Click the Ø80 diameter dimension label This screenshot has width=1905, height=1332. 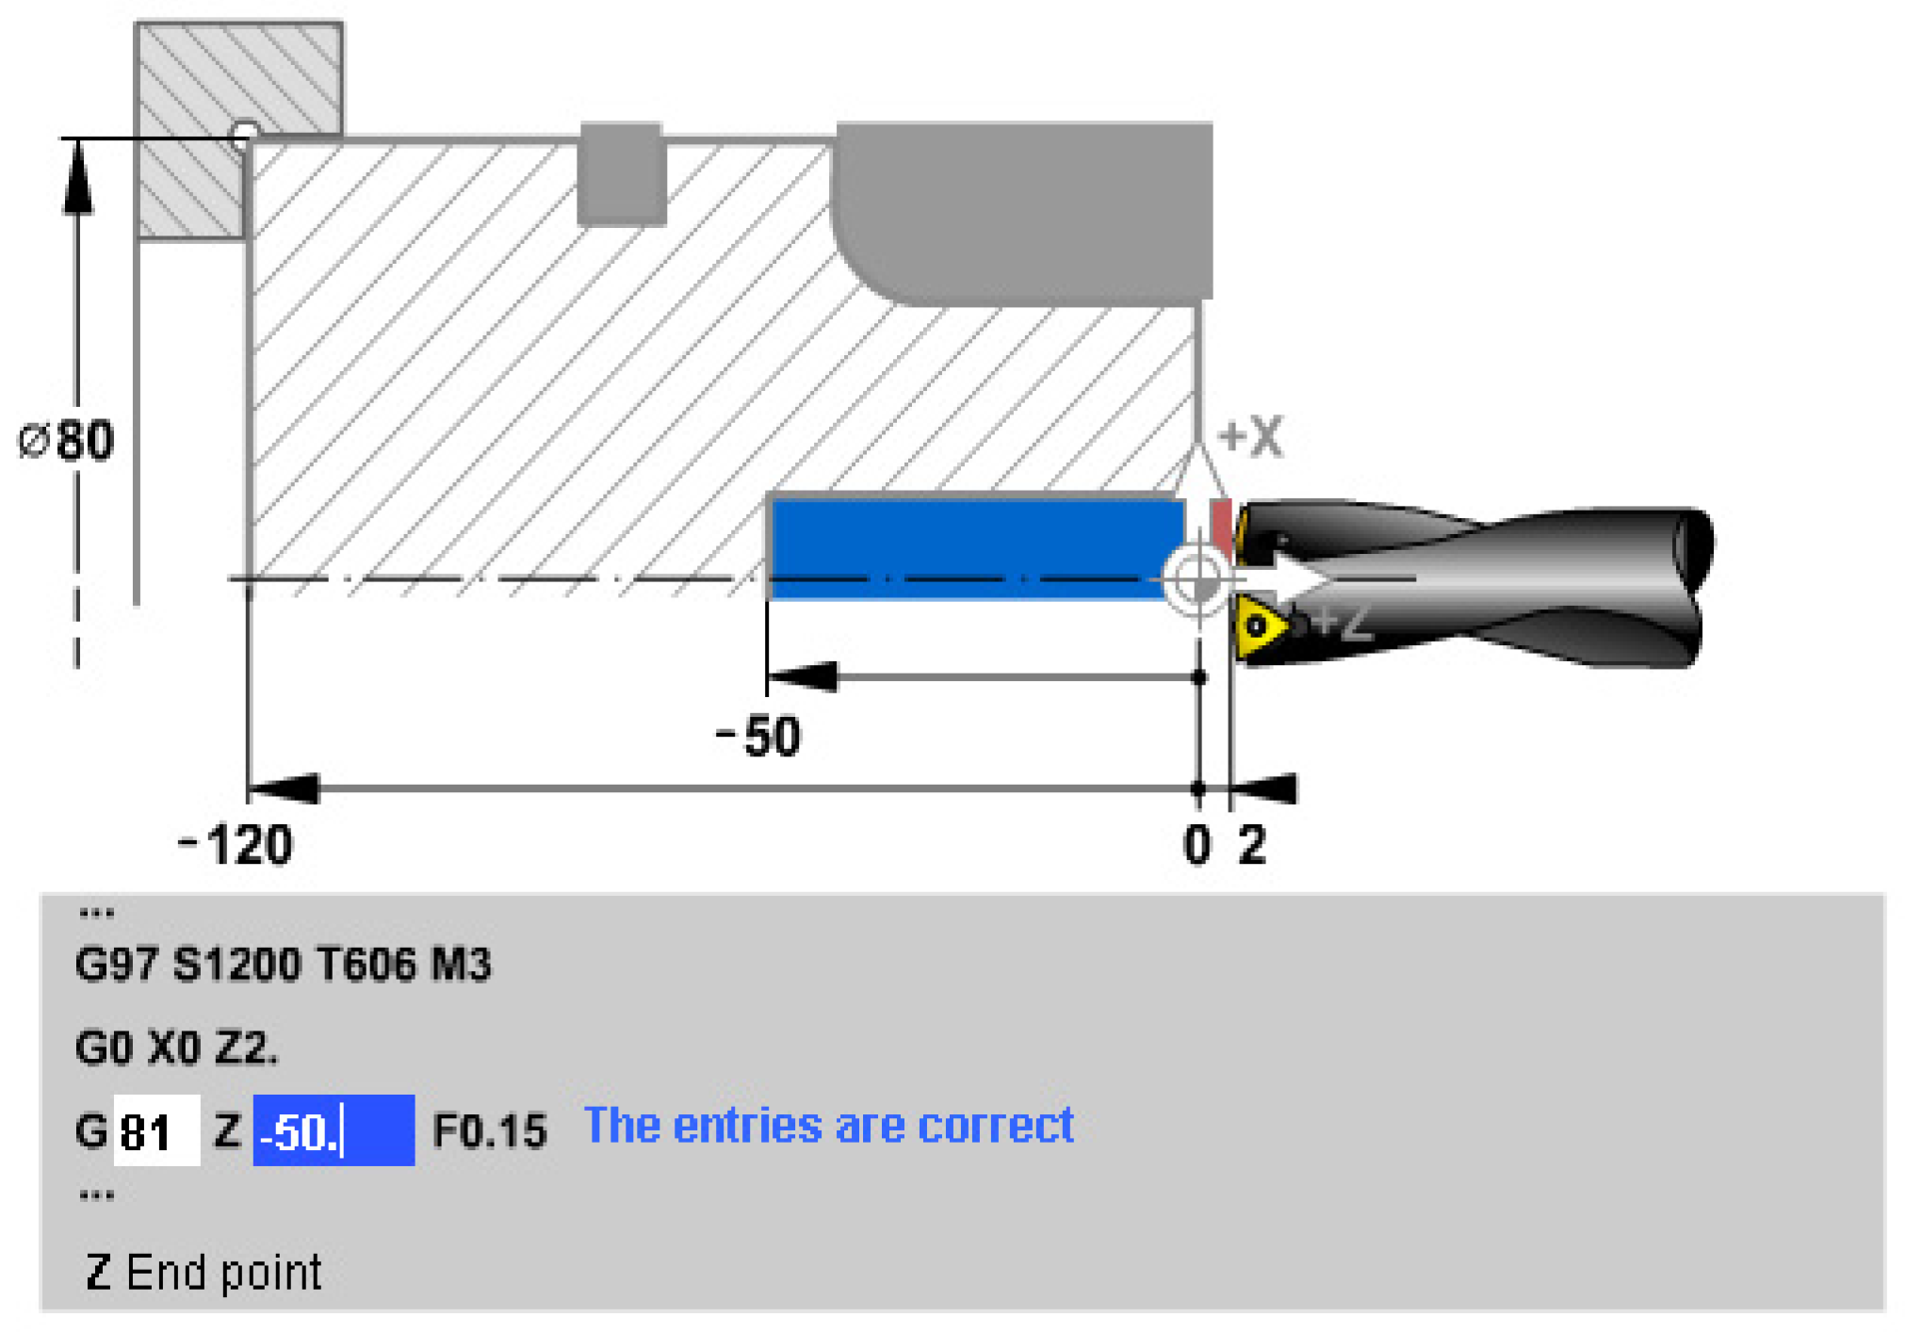click(66, 440)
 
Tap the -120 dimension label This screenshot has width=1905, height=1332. click(235, 844)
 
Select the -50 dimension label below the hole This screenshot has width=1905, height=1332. click(758, 736)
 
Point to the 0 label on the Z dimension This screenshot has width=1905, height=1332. click(1197, 844)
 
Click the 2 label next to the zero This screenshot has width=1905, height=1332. click(1252, 844)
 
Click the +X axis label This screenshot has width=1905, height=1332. click(1250, 437)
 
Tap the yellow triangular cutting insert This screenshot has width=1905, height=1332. click(1261, 625)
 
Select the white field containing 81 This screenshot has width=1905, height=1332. click(156, 1130)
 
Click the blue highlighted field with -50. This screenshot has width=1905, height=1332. click(334, 1130)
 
